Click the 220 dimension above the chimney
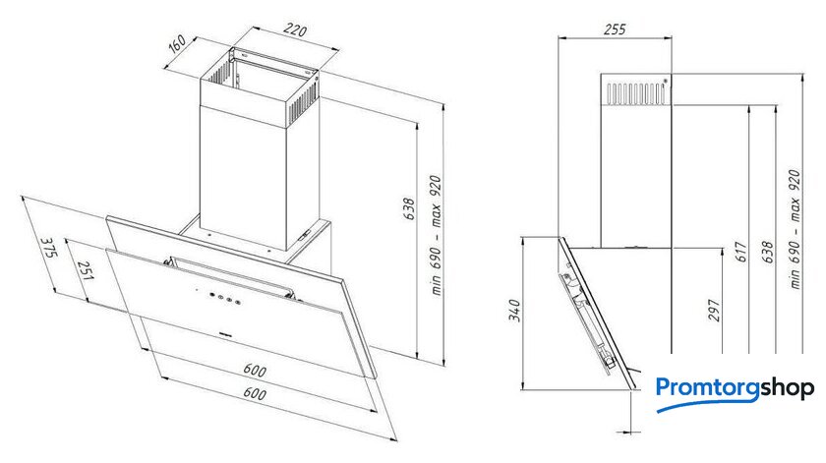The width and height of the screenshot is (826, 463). click(295, 30)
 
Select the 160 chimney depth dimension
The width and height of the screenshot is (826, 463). click(177, 43)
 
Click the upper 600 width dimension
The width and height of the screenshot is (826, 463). click(255, 370)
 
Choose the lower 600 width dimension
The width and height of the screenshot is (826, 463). click(255, 393)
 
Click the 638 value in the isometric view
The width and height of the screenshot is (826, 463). click(409, 208)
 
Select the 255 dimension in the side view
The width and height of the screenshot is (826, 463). click(615, 29)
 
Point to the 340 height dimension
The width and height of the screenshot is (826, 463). click(514, 311)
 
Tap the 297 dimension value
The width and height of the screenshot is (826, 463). click(713, 311)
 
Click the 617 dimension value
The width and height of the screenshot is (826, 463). click(740, 252)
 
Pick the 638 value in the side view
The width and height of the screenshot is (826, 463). click(767, 252)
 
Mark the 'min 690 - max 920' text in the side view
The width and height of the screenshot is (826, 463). click(795, 229)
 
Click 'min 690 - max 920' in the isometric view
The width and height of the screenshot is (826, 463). click(436, 236)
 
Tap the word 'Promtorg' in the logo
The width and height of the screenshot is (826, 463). click(708, 389)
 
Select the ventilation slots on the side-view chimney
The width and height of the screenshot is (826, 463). click(635, 93)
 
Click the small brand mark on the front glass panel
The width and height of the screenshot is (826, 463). click(226, 333)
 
